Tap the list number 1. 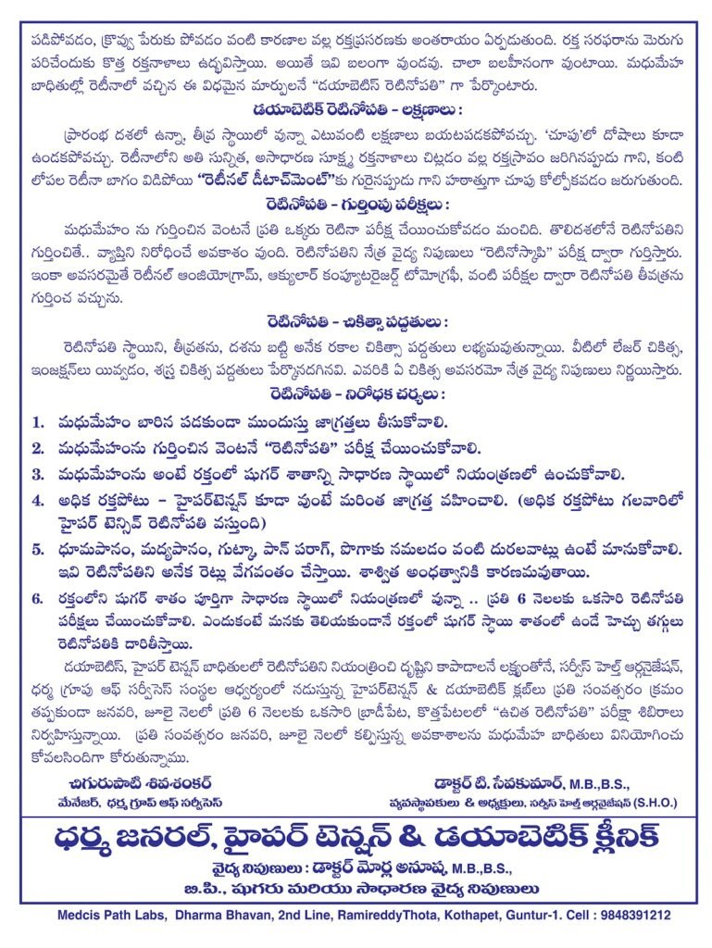point(38,422)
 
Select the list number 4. point(38,501)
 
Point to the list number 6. point(38,598)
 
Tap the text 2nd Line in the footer point(289,915)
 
